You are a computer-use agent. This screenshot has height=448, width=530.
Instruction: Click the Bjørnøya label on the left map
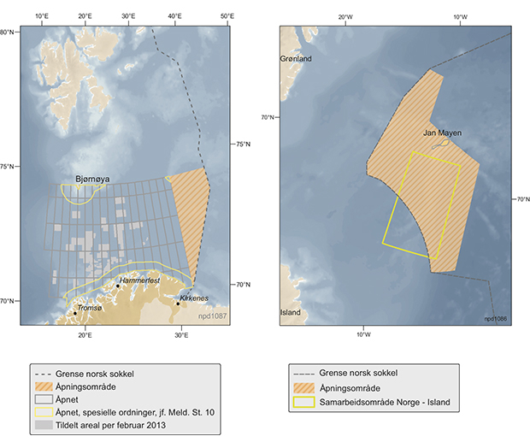point(79,179)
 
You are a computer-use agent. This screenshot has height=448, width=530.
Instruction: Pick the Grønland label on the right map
point(297,59)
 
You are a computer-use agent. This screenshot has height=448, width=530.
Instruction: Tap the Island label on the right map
point(291,312)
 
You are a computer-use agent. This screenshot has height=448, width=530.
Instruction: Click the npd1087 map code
point(212,316)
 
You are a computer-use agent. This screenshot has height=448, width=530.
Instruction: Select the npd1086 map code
point(494,317)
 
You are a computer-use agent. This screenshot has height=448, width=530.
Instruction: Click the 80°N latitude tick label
point(8,32)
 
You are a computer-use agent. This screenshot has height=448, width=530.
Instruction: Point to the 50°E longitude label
point(227,15)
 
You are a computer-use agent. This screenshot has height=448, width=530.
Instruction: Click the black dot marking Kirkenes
point(178,304)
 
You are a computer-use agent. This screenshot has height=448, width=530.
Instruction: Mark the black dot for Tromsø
point(75,314)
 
